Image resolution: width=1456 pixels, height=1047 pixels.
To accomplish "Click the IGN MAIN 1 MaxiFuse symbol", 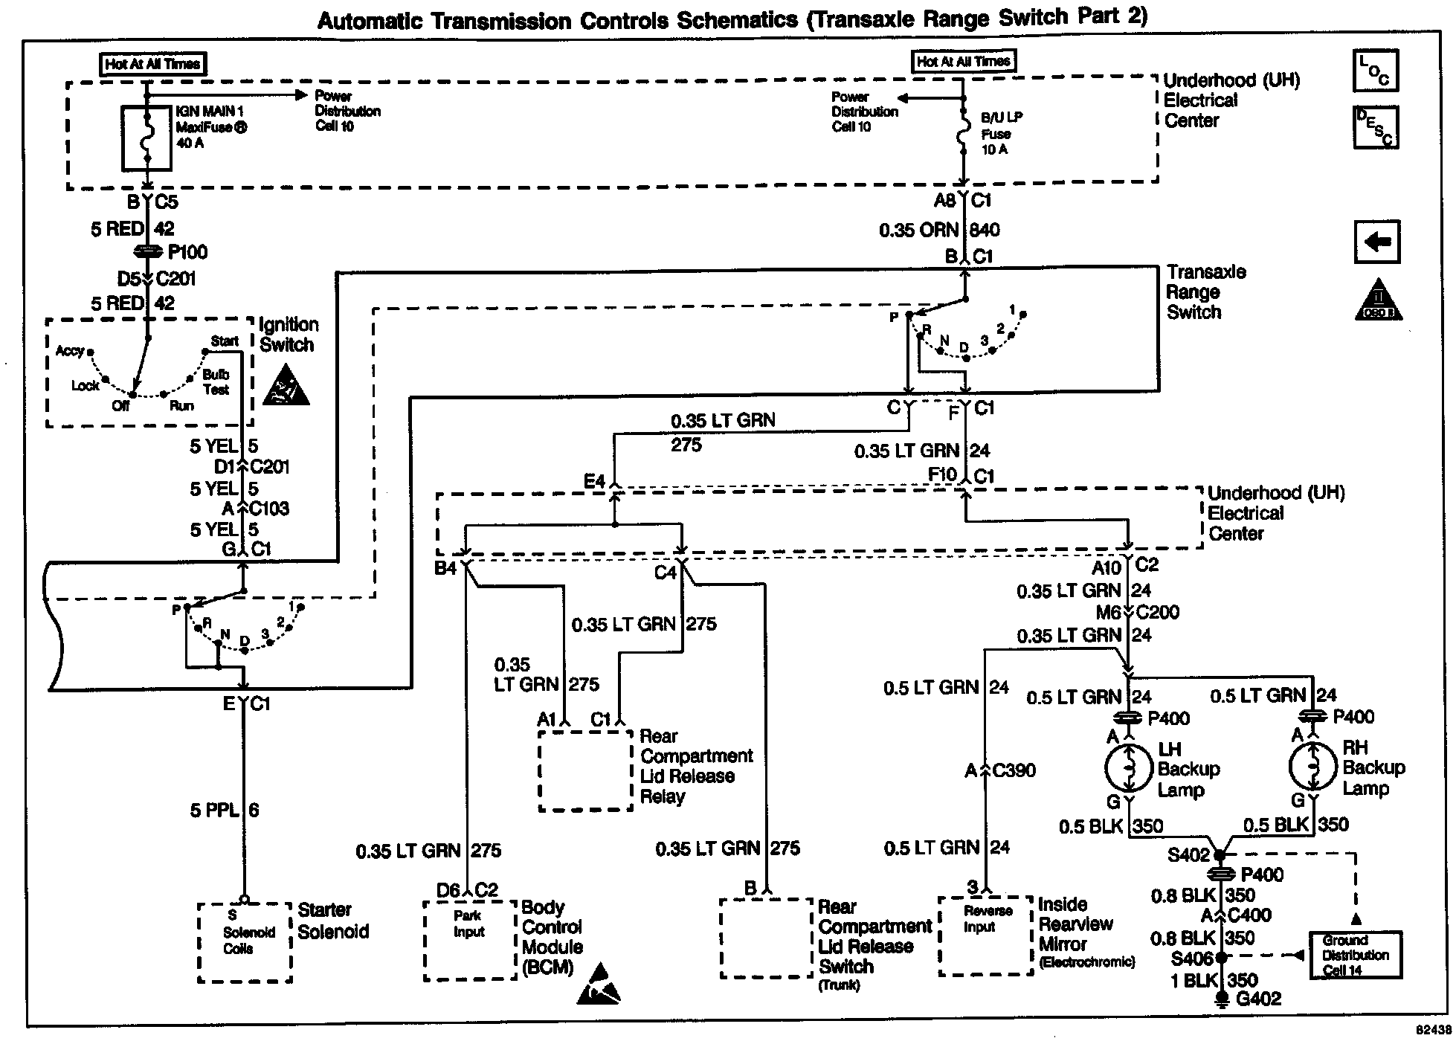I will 146,138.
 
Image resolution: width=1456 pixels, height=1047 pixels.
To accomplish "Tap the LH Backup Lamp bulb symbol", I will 1129,768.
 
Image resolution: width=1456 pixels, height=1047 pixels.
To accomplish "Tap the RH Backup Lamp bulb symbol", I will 1313,767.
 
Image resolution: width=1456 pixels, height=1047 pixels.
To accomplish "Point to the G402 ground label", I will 1258,999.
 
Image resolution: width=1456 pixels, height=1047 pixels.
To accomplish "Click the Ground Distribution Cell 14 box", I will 1356,955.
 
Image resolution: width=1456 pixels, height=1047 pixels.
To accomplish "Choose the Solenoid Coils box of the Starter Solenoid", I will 245,941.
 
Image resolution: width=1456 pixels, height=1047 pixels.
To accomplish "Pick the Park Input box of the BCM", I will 469,941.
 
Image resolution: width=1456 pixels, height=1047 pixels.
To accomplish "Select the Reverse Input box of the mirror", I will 986,935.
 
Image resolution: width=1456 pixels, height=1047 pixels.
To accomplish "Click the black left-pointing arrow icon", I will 1377,242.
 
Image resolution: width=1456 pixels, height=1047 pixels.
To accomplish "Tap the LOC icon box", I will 1376,71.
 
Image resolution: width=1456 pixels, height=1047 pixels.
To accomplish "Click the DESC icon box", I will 1376,127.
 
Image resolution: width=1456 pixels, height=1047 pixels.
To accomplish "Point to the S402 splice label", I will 1188,854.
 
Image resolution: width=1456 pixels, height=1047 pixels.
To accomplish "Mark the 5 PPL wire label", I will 214,810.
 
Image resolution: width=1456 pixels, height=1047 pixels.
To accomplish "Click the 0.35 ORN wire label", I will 918,230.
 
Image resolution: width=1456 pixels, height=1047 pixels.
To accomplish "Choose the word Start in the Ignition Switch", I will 225,341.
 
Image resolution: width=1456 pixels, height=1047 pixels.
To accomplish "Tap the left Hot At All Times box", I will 152,64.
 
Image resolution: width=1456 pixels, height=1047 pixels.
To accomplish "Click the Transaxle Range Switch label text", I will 1205,292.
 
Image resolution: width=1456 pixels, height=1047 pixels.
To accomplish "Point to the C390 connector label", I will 1014,770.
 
